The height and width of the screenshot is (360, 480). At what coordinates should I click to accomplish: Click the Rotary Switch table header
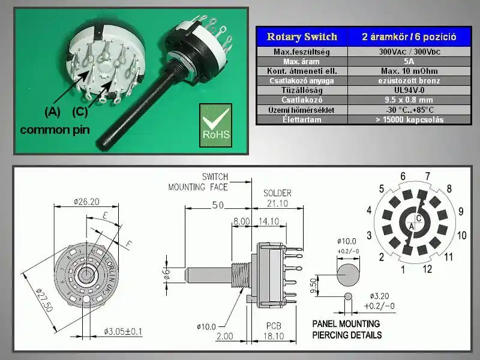pyautogui.click(x=302, y=37)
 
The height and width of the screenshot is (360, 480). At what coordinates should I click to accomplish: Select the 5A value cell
pyautogui.click(x=408, y=61)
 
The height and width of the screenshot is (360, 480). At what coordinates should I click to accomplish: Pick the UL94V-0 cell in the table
pyautogui.click(x=408, y=90)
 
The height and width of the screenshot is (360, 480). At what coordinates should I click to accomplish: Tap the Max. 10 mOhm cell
pyautogui.click(x=408, y=71)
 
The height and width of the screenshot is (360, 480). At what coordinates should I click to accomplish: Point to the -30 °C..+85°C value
pyautogui.click(x=408, y=110)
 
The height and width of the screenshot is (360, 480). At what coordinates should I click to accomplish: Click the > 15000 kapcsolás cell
pyautogui.click(x=408, y=119)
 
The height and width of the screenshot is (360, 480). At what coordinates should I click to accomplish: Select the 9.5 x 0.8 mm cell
pyautogui.click(x=408, y=100)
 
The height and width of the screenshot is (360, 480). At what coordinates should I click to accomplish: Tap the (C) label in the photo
pyautogui.click(x=80, y=111)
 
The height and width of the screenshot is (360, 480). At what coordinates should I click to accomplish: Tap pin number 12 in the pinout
pyautogui.click(x=427, y=269)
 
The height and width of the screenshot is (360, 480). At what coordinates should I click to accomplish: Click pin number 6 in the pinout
pyautogui.click(x=403, y=176)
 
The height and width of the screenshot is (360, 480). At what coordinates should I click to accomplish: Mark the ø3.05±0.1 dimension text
pyautogui.click(x=124, y=331)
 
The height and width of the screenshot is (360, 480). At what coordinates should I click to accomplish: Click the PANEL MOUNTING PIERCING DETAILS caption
pyautogui.click(x=347, y=329)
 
